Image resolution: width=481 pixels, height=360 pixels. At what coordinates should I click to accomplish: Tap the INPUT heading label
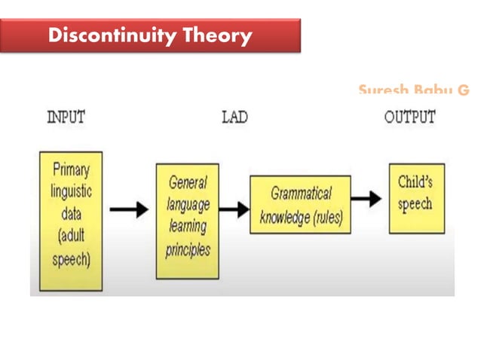pos(66,117)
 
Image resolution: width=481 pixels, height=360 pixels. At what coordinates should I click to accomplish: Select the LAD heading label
pos(234,117)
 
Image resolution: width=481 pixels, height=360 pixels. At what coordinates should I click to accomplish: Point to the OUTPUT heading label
pos(409,117)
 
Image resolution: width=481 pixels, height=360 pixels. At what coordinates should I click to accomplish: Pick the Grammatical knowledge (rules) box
pos(300,205)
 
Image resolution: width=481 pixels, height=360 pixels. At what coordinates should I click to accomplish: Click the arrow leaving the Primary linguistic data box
pos(129,211)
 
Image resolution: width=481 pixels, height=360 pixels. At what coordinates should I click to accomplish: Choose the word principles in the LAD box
pos(188,250)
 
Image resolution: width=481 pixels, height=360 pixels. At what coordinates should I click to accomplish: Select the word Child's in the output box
pos(415,182)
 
